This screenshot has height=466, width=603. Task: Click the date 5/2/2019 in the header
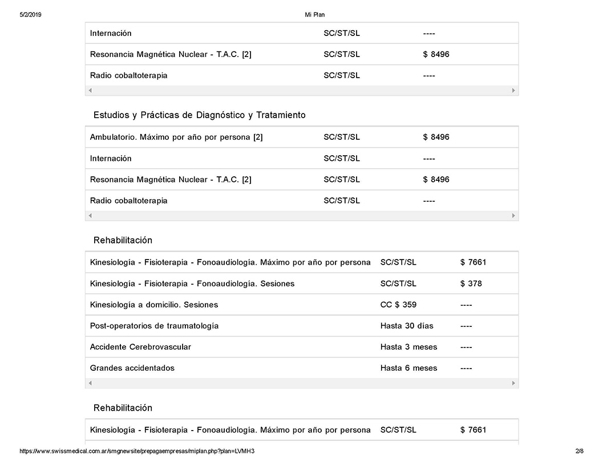[x=30, y=15]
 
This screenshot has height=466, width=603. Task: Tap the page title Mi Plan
[x=315, y=15]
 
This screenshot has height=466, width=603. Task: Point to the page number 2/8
[x=579, y=451]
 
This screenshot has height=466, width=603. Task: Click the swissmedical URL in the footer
[x=137, y=451]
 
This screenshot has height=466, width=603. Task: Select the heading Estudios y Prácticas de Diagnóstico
[x=199, y=115]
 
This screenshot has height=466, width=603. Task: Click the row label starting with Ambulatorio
[x=176, y=137]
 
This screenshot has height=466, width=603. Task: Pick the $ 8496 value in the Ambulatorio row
[x=436, y=137]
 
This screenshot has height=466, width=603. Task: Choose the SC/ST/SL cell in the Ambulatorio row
[x=341, y=137]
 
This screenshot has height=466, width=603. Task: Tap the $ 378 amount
[x=471, y=283]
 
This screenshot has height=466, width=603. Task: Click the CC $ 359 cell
[x=398, y=305]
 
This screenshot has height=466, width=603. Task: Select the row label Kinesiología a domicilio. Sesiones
[x=153, y=305]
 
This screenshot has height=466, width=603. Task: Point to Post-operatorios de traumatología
[x=154, y=326]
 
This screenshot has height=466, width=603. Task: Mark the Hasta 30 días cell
[x=406, y=326]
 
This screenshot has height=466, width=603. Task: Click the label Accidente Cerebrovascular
[x=140, y=347]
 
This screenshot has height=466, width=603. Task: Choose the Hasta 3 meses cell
[x=408, y=347]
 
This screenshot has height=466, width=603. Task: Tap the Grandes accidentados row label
[x=132, y=368]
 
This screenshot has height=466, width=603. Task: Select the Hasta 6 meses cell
[x=408, y=368]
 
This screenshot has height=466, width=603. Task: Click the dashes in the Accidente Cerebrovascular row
[x=466, y=347]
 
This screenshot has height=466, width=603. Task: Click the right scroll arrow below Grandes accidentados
[x=513, y=383]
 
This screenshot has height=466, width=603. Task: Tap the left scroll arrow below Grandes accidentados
[x=90, y=383]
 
